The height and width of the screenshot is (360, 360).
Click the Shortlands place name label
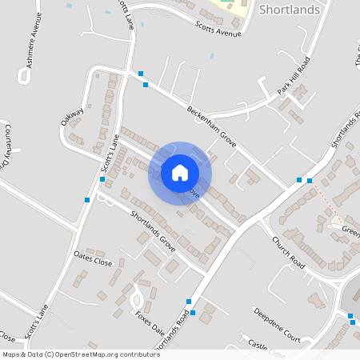point(290,10)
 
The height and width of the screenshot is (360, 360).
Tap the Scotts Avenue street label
point(218,30)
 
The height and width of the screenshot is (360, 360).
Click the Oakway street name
point(72,118)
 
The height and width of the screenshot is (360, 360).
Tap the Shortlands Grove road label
point(152,228)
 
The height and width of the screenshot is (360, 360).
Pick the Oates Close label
point(94,259)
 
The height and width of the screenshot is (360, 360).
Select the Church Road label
point(288,251)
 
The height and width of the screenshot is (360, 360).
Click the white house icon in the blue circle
point(180,172)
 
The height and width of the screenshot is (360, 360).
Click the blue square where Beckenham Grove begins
point(142,74)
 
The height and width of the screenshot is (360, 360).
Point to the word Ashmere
point(26,62)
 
